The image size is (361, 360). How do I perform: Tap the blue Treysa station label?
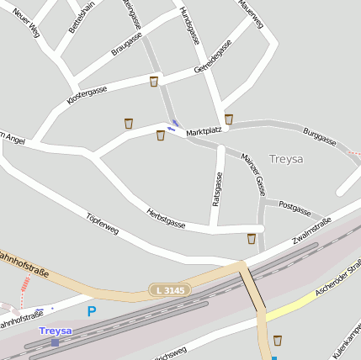pyautogui.click(x=56, y=331)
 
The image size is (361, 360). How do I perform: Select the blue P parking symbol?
pyautogui.click(x=91, y=311)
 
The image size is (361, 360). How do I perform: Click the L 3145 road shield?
pyautogui.click(x=170, y=290)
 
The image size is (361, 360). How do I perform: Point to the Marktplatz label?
pyautogui.click(x=204, y=131)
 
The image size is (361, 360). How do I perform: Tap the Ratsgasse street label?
pyautogui.click(x=217, y=189)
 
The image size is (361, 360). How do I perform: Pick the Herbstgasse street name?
pyautogui.click(x=165, y=219)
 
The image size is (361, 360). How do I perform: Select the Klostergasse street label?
pyautogui.click(x=87, y=95)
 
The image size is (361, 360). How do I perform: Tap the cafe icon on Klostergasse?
pyautogui.click(x=153, y=82)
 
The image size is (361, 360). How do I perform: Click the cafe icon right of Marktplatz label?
pyautogui.click(x=229, y=119)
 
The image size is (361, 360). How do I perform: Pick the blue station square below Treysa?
pyautogui.click(x=55, y=342)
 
